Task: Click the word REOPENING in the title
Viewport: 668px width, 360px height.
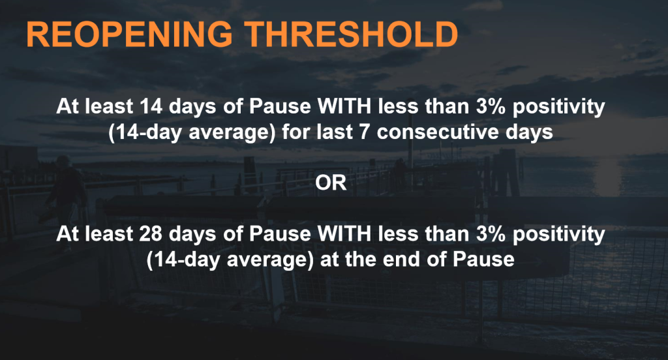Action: point(130,34)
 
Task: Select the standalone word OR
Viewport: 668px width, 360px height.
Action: point(331,183)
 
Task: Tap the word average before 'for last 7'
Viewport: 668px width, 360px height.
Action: point(232,133)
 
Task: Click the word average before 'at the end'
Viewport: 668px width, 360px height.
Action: point(270,261)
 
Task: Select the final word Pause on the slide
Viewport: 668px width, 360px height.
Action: point(483,260)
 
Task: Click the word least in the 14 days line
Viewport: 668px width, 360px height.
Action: point(109,106)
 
